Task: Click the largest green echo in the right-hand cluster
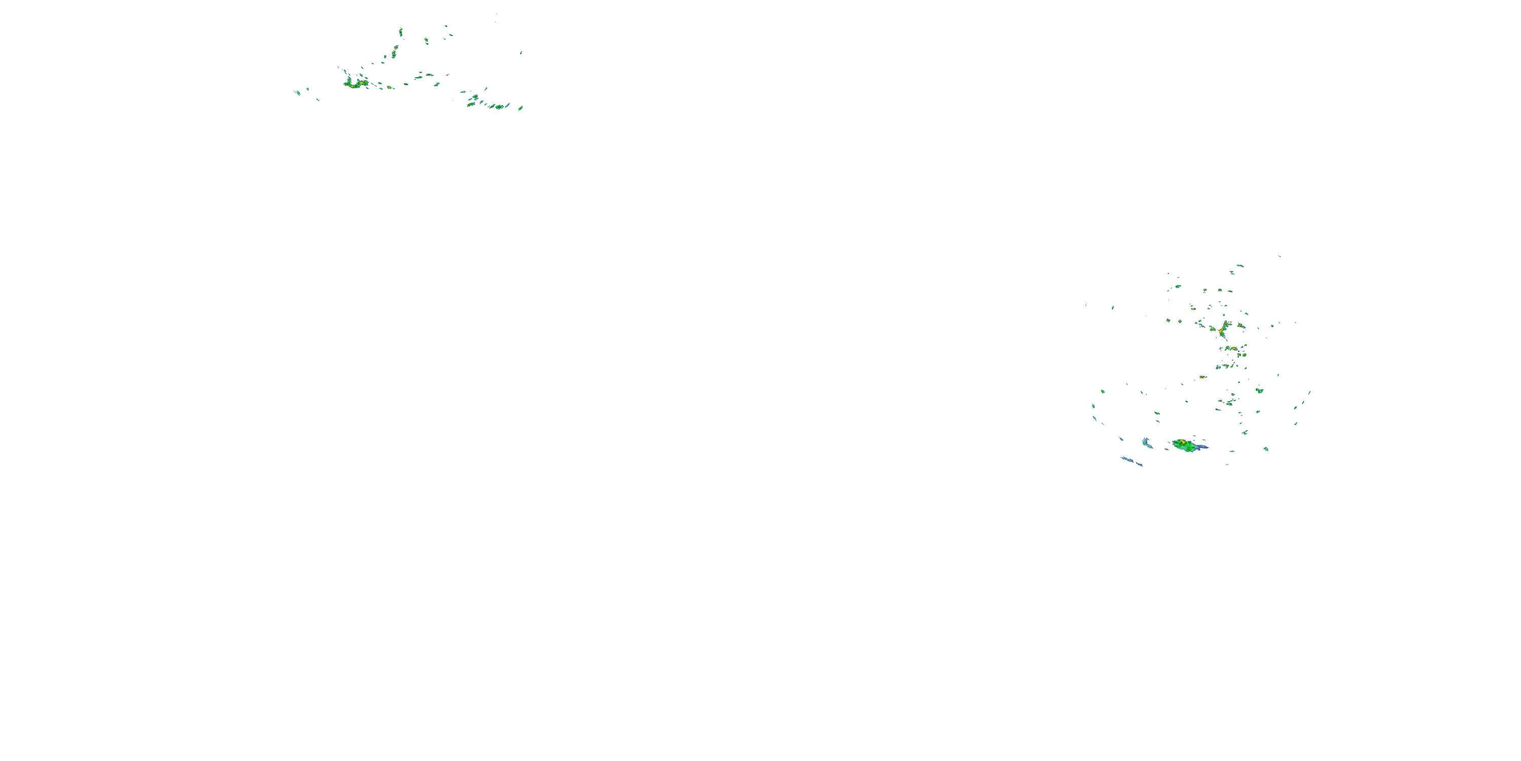point(1186,445)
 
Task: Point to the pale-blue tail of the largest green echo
point(1202,447)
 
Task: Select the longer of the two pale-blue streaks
point(1131,461)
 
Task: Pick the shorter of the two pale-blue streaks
point(1147,442)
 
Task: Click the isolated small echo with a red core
point(1202,377)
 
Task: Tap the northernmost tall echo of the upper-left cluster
point(401,31)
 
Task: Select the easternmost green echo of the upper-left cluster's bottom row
point(520,108)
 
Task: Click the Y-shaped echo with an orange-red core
point(1223,329)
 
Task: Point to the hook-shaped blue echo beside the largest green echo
point(1147,442)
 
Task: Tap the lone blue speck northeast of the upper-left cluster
point(521,53)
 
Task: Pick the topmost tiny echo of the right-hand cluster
point(1280,256)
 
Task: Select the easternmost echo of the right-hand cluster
point(1310,392)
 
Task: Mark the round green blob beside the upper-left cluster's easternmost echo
point(500,107)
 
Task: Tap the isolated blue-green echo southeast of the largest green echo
point(1265,449)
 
